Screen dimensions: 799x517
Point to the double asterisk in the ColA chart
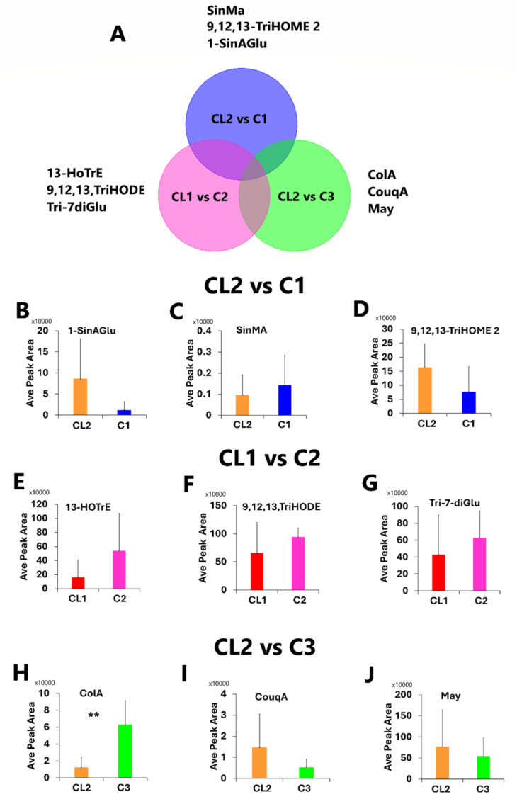tap(93, 716)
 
